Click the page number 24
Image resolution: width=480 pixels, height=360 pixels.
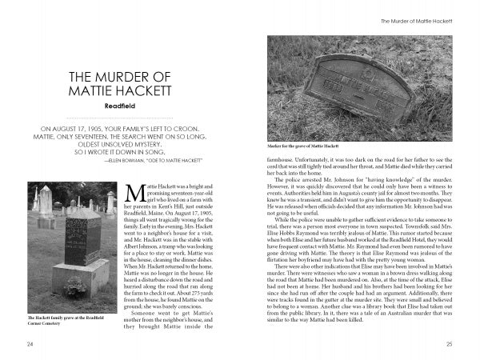coord(29,343)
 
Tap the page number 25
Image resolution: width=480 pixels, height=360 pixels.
coord(450,343)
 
